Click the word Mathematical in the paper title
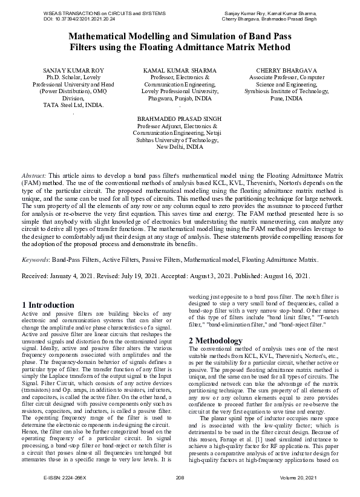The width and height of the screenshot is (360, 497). [x=104, y=36]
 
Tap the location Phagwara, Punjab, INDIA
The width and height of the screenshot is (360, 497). [x=180, y=98]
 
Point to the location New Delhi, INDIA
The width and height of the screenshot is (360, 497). [x=180, y=146]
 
